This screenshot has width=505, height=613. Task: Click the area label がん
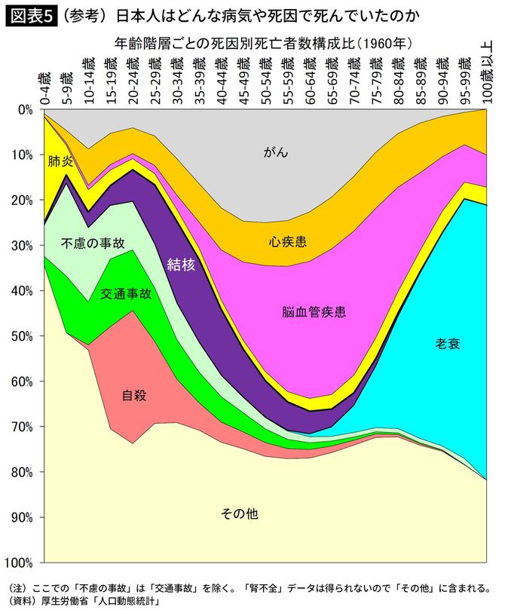point(276,153)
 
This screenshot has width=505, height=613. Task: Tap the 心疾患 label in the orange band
point(287,242)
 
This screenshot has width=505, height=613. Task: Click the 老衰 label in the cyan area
point(448,344)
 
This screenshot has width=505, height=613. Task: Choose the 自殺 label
point(134,394)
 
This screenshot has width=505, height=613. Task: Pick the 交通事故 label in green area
point(126,294)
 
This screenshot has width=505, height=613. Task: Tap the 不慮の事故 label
point(92,243)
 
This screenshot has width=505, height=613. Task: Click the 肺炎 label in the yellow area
point(60,161)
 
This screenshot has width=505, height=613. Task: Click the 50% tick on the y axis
point(22,336)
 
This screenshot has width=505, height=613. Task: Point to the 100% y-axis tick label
point(19,562)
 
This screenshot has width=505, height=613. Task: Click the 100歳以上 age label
point(486,72)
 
